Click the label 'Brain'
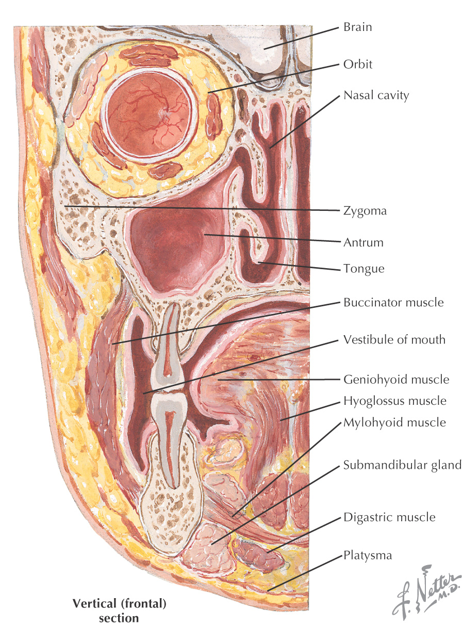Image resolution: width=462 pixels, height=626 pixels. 357,27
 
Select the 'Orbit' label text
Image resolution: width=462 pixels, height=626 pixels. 357,65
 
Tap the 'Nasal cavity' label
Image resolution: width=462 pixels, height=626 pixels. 376,95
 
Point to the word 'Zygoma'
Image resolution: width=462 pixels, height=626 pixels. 365,211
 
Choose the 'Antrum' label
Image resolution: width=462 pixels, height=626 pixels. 364,242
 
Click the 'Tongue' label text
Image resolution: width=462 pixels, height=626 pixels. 364,269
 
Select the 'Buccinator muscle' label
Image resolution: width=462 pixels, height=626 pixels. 393,302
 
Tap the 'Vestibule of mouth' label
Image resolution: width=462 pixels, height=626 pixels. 394,340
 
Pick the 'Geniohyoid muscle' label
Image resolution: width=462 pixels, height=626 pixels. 396,380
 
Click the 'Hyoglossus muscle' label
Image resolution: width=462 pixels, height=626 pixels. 395,401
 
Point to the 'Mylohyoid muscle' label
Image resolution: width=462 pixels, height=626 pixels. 394,423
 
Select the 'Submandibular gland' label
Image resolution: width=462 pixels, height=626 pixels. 402,465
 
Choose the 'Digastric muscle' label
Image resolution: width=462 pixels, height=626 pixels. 389,517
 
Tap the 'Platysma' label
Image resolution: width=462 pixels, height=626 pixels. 368,555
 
